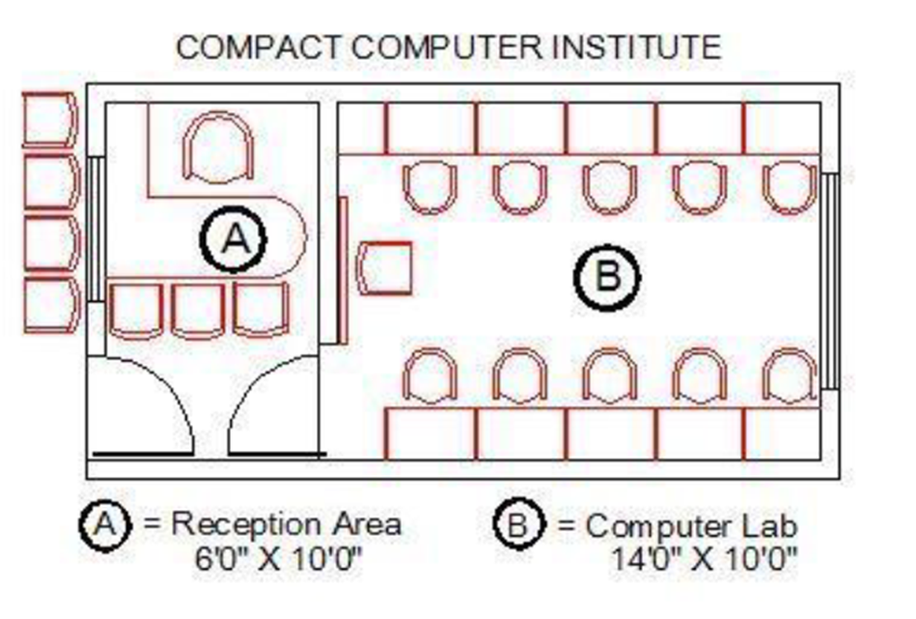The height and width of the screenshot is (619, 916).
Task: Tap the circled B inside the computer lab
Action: [607, 277]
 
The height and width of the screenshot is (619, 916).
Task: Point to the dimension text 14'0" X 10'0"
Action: [704, 559]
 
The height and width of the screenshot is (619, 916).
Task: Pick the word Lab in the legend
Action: [767, 526]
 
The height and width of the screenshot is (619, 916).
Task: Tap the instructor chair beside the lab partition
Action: [384, 267]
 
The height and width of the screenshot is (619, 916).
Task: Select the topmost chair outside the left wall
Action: [49, 119]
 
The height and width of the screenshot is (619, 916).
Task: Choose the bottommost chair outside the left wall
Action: [51, 306]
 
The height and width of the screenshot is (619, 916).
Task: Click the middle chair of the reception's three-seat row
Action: [199, 310]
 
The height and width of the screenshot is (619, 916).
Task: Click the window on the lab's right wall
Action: [828, 280]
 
